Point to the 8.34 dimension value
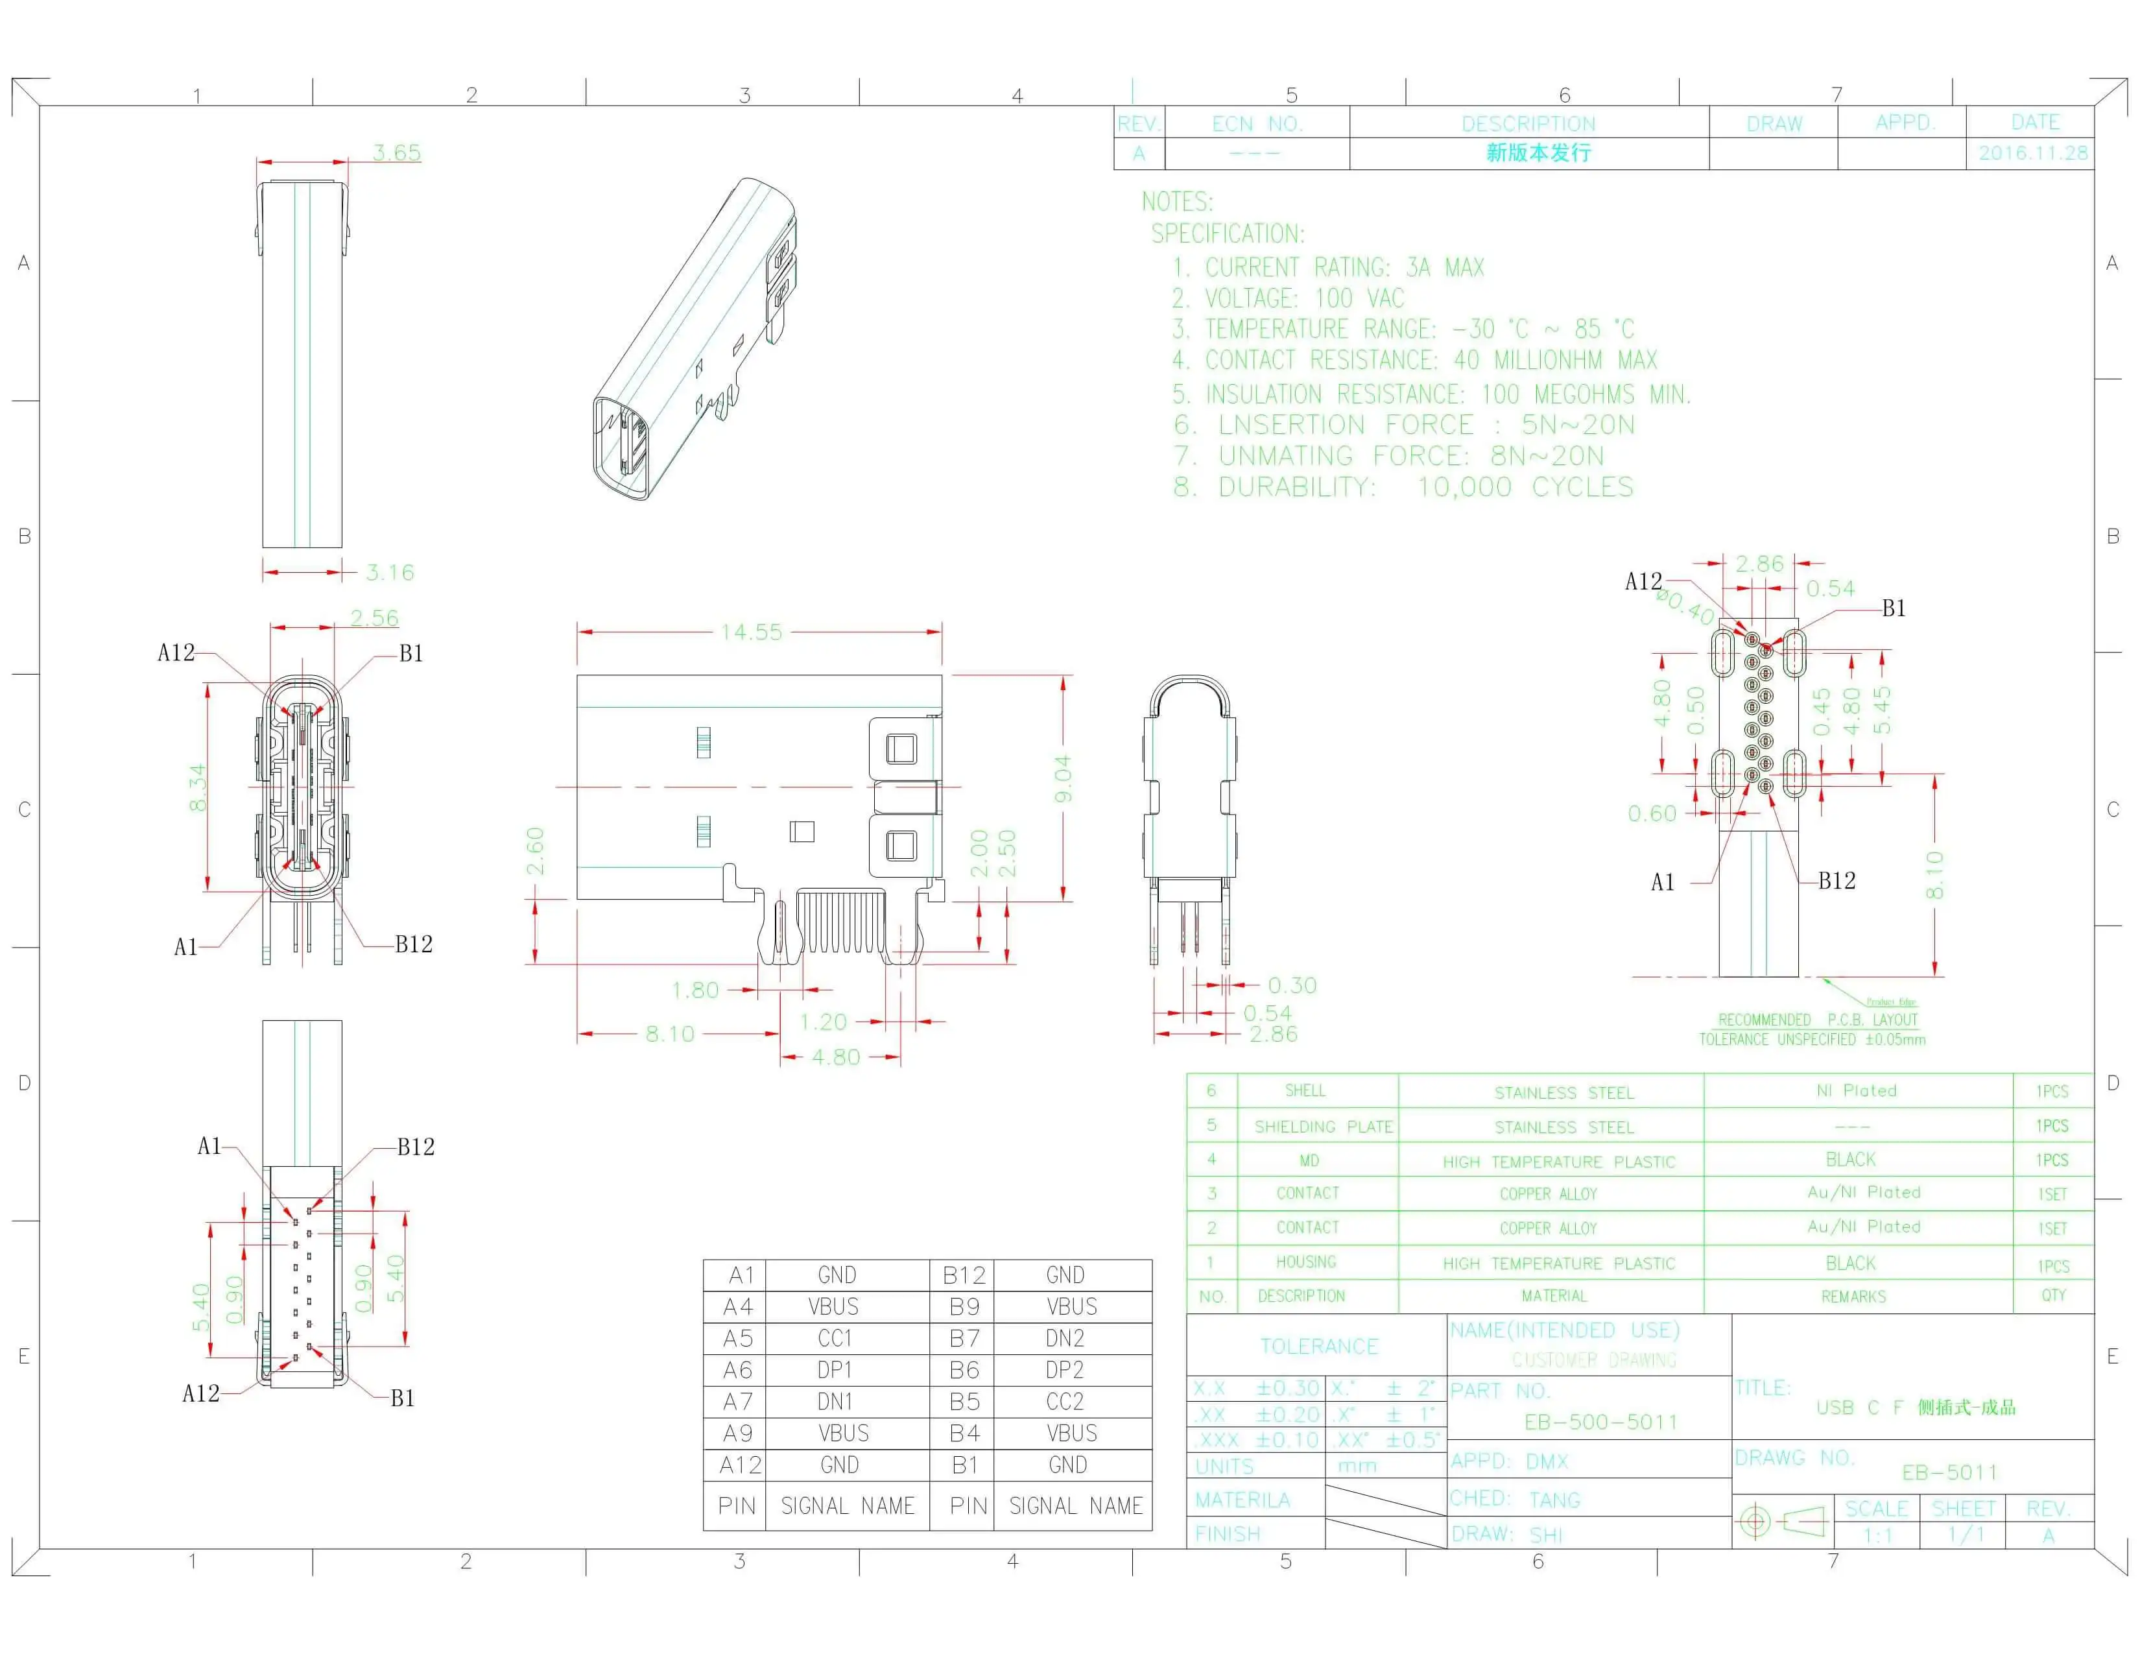point(198,787)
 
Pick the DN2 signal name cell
point(1064,1339)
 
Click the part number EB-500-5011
point(1600,1422)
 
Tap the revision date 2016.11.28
point(2032,153)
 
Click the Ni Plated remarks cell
point(1856,1090)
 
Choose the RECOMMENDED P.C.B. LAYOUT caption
point(1818,1020)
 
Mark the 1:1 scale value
point(1877,1535)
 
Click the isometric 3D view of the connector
point(696,338)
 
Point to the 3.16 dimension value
point(390,572)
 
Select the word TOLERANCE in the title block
point(1319,1347)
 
